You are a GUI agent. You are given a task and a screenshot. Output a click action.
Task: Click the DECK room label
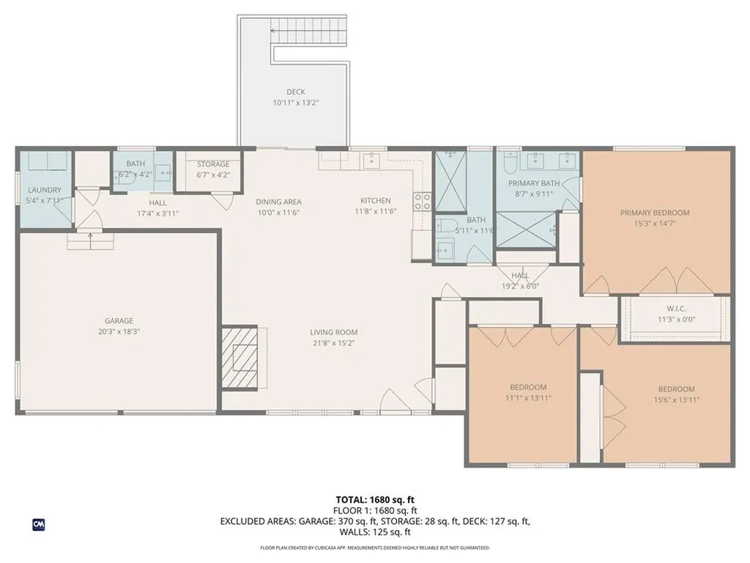coord(296,92)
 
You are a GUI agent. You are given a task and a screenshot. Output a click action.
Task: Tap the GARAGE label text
coord(119,320)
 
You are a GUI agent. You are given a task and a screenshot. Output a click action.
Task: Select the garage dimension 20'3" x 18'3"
coord(119,331)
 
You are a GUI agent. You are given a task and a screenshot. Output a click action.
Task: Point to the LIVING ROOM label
coord(333,331)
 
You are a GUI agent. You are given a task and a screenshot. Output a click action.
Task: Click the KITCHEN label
coord(375,200)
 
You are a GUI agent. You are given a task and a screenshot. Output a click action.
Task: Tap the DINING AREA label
coord(278,202)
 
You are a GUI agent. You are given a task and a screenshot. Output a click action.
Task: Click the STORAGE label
coord(213,164)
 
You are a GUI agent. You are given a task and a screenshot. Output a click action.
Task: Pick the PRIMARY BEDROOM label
coord(655,213)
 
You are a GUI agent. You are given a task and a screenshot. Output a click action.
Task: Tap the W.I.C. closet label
coord(675,308)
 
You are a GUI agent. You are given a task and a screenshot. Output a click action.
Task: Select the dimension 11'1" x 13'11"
coord(529,398)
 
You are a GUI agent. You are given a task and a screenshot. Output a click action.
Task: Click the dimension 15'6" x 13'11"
coord(676,400)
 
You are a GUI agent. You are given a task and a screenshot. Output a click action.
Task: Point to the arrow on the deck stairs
coord(275,31)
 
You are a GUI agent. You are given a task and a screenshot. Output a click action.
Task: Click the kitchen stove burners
coord(423,201)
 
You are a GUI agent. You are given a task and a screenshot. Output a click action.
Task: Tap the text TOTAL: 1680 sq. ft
coord(374,499)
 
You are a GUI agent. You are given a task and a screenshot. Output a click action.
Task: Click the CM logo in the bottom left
coord(38,524)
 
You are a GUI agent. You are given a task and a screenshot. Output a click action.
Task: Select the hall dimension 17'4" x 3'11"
coord(157,213)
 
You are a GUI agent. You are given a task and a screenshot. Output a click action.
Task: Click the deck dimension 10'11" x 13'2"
coord(296,103)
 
